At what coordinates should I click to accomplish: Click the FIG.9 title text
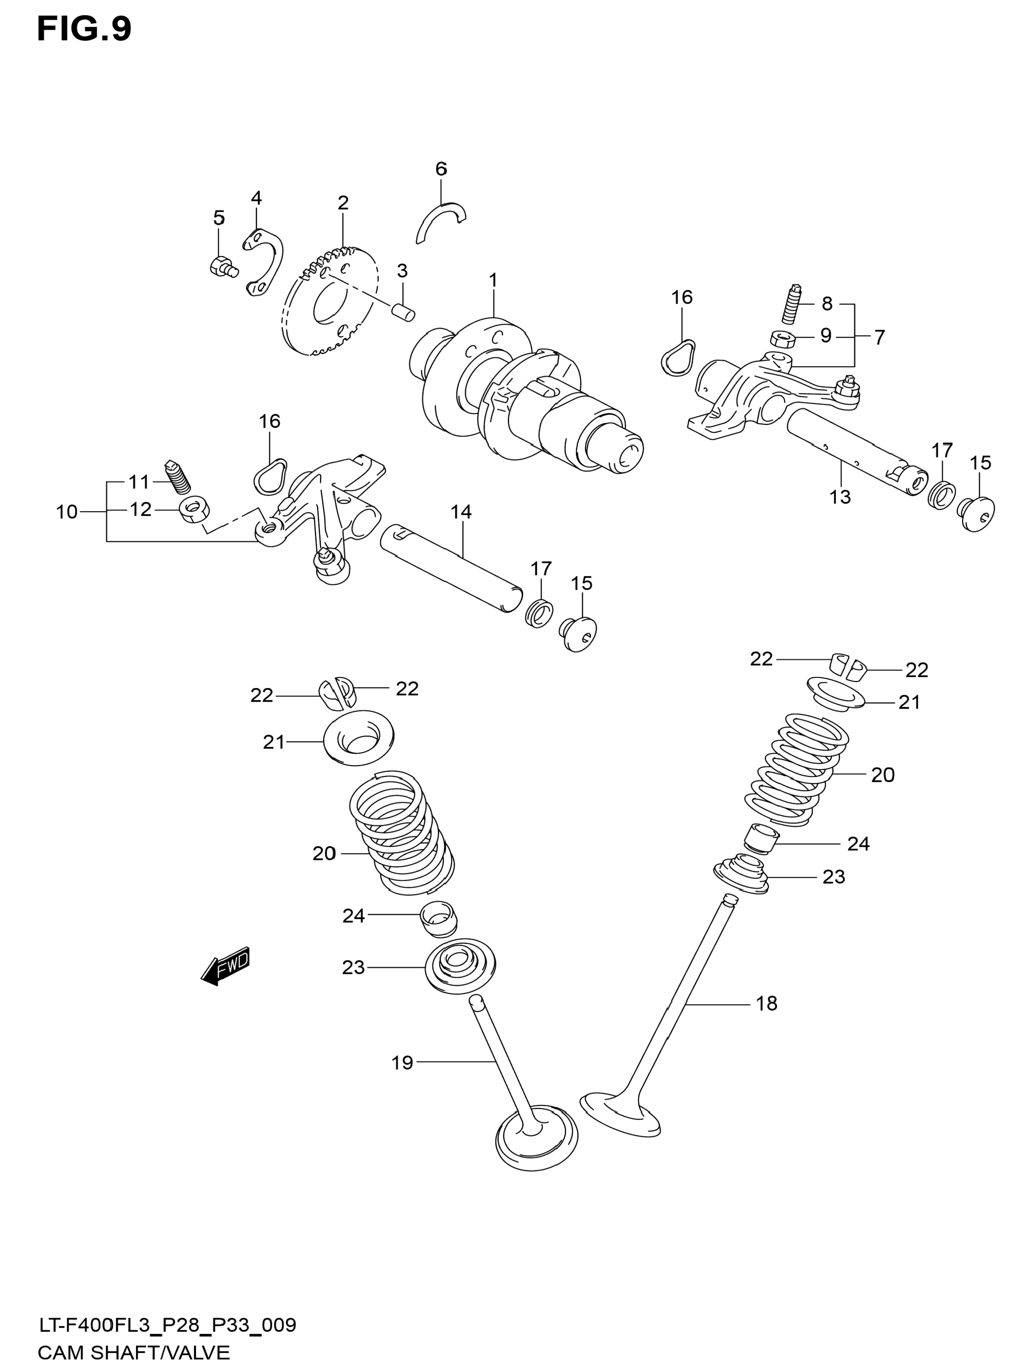84,30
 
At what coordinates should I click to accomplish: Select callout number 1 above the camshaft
493,280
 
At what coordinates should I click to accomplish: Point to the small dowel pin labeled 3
405,312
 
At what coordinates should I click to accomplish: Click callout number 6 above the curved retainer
441,169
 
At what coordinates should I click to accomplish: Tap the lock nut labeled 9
783,339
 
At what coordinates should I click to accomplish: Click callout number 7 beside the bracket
879,337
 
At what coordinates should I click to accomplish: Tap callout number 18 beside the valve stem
766,1004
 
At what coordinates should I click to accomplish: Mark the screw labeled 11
178,478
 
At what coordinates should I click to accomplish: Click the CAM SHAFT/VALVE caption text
133,1353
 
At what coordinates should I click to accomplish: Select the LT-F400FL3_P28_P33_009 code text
167,1325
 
